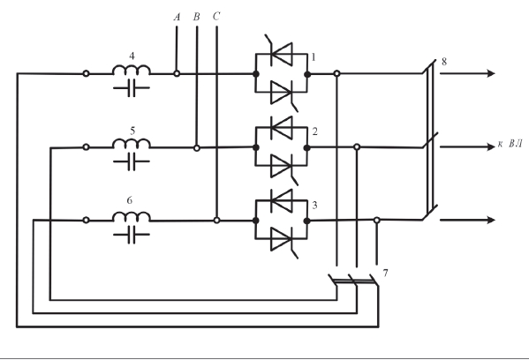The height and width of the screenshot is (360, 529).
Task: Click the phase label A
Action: tap(177, 17)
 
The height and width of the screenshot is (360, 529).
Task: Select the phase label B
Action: tap(197, 17)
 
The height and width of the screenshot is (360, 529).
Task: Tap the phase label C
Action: tap(216, 17)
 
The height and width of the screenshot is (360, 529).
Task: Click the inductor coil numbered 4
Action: tap(132, 70)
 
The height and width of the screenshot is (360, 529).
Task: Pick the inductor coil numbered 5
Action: tap(132, 143)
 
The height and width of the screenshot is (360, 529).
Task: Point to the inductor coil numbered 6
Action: tap(132, 216)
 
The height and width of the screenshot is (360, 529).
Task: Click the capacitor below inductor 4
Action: tap(132, 88)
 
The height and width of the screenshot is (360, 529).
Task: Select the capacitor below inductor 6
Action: tap(132, 235)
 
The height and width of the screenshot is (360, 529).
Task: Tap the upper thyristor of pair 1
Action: tap(281, 53)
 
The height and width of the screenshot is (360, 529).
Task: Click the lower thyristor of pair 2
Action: tap(283, 167)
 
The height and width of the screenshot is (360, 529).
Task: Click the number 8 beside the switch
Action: tap(444, 62)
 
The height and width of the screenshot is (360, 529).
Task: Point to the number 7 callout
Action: tap(386, 273)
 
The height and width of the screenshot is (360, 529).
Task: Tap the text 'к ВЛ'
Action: tap(510, 145)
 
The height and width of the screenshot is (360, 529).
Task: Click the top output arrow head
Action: tap(491, 73)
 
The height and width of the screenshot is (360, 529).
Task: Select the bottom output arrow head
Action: tap(491, 220)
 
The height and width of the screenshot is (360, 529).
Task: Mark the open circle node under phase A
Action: tap(177, 73)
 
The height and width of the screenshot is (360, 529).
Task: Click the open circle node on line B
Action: tap(197, 147)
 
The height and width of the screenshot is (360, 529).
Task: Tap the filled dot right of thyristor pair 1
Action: tap(307, 74)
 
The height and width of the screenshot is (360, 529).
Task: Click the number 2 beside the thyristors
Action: tap(314, 131)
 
